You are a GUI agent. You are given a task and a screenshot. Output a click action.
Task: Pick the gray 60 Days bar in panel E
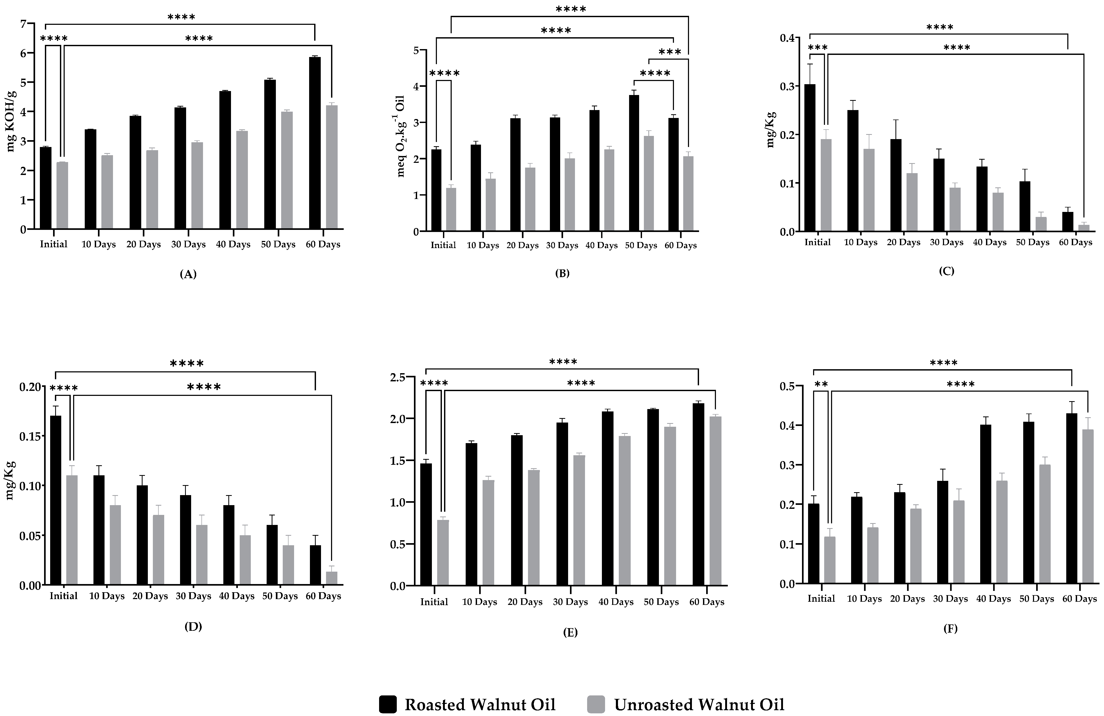coord(716,501)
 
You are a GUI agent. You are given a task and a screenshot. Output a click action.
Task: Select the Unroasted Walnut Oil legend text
coord(699,704)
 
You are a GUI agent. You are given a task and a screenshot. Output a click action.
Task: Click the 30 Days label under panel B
coord(562,245)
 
